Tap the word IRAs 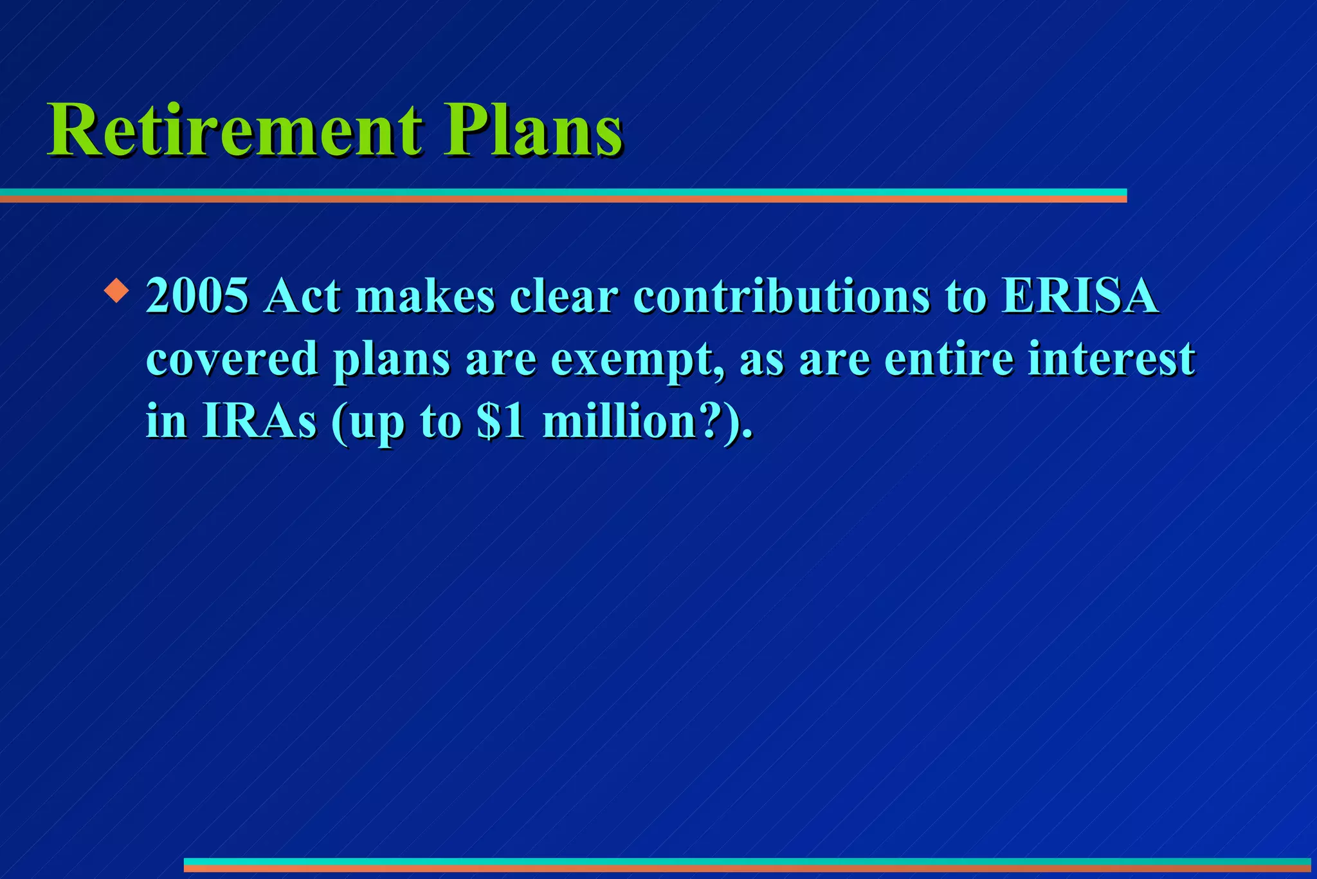click(259, 421)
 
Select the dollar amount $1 click(501, 421)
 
